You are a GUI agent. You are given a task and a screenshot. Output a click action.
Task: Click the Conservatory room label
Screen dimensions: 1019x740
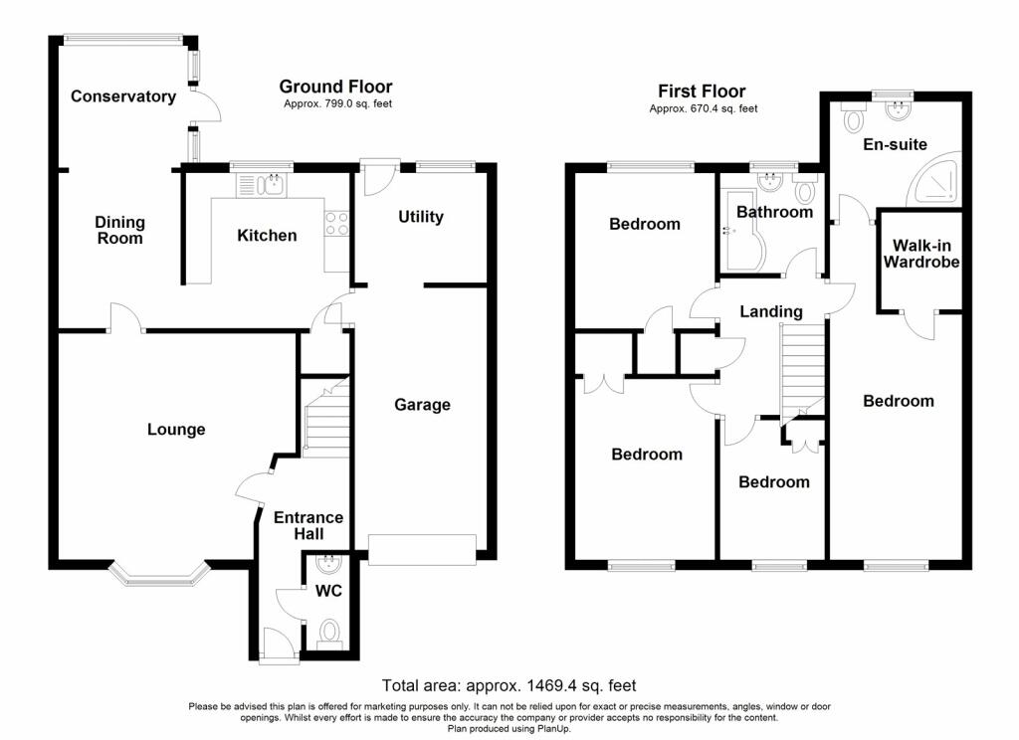pos(122,96)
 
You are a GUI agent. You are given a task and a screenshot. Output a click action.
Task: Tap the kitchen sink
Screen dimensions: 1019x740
pos(263,185)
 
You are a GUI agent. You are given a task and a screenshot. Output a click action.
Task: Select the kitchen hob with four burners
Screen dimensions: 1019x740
pos(336,222)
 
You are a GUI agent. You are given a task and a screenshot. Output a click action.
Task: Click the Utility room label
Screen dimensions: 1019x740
pos(421,217)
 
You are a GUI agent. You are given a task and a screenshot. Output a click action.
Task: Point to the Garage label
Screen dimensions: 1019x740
pos(422,405)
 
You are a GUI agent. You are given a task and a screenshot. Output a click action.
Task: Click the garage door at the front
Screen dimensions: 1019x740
pos(422,550)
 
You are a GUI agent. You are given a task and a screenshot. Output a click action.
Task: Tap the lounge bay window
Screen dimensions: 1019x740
pos(160,574)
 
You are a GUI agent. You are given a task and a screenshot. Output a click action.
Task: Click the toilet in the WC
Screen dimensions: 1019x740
pos(330,633)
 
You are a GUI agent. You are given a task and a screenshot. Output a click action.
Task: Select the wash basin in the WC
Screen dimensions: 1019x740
pos(326,563)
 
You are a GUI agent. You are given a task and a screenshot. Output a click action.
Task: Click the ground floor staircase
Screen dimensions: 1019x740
pos(326,417)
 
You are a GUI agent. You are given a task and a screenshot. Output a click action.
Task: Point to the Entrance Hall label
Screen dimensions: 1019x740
pos(308,525)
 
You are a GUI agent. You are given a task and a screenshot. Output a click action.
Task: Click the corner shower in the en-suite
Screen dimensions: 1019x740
pos(935,178)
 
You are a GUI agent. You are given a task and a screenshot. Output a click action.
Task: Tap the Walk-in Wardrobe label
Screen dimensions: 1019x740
pos(921,254)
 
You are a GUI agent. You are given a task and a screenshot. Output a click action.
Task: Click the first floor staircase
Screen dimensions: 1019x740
pos(803,371)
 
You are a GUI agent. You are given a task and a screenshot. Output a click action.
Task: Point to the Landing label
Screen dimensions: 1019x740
pos(771,312)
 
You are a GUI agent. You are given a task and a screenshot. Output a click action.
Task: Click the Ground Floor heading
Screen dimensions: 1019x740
pos(336,87)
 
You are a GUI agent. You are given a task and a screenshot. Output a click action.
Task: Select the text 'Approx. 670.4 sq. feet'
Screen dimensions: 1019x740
pos(704,108)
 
